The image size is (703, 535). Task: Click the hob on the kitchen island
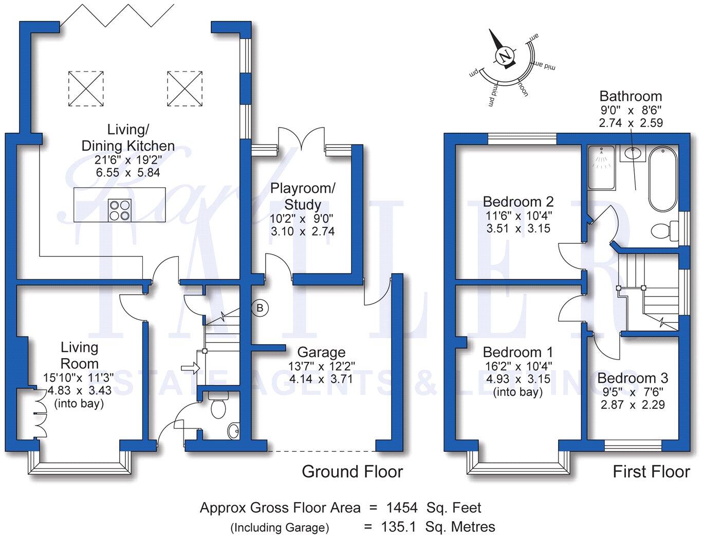(119, 210)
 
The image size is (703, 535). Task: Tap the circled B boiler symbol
(260, 308)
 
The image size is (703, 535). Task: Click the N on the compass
(505, 56)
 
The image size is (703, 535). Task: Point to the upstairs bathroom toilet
(664, 230)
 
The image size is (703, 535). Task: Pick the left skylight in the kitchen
(86, 89)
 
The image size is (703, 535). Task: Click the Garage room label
(321, 352)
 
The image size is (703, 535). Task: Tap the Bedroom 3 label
(633, 378)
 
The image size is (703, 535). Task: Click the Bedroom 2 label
(518, 201)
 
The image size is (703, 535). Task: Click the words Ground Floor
(352, 471)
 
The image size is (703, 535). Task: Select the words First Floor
(651, 471)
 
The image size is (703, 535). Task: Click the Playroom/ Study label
(303, 196)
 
